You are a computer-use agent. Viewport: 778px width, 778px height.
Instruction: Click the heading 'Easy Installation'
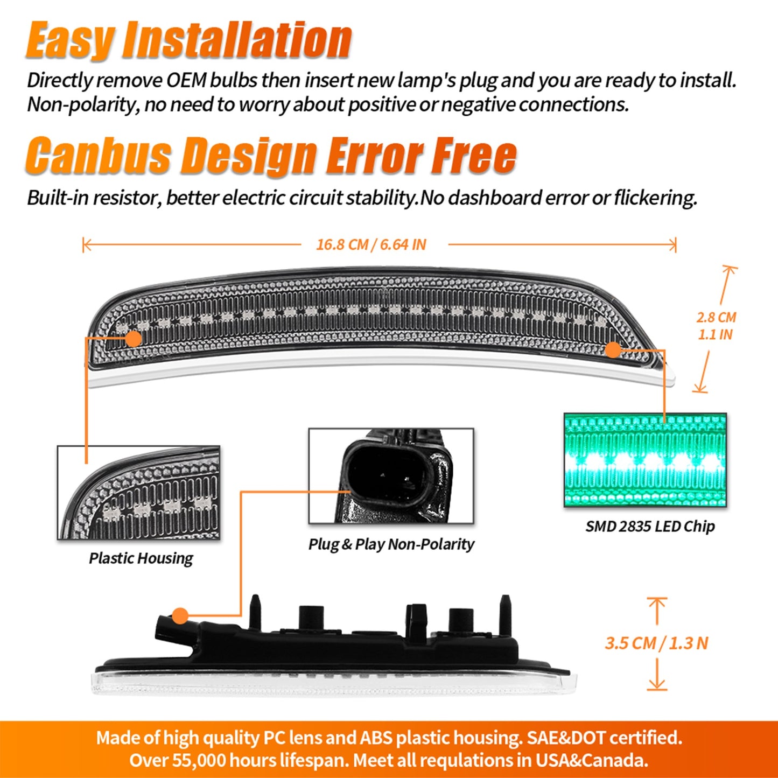[x=188, y=40]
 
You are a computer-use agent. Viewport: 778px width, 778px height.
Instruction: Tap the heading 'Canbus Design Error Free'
[x=271, y=156]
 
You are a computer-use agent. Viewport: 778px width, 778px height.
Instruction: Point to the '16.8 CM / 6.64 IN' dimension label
[x=371, y=245]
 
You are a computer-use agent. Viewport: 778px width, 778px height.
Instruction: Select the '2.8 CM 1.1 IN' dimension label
[x=716, y=326]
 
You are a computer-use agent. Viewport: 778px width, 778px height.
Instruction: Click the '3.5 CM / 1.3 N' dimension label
[x=656, y=643]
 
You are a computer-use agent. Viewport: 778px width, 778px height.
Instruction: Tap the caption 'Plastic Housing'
[x=141, y=558]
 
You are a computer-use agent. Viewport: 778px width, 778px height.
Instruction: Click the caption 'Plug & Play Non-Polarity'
[x=391, y=544]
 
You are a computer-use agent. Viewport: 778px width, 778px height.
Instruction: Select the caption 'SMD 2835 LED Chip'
[x=650, y=526]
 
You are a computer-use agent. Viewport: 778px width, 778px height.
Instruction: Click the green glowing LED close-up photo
[x=645, y=460]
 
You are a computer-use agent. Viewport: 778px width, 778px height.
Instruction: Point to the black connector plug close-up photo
[x=391, y=476]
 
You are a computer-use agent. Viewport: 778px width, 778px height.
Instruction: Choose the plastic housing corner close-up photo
[x=139, y=493]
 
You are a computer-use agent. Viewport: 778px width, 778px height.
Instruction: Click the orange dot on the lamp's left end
[x=133, y=339]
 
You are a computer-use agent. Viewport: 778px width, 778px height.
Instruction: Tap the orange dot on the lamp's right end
[x=613, y=350]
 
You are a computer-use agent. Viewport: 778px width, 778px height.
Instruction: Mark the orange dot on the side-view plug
[x=180, y=615]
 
